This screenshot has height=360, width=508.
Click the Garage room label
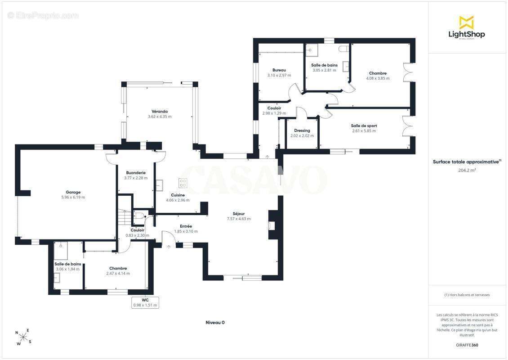(x=73, y=192)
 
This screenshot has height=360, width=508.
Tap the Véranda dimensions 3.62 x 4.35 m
(x=160, y=117)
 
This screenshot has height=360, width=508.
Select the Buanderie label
(x=136, y=173)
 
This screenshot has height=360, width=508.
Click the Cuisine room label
(x=178, y=195)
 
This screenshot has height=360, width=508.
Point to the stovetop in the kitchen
(x=183, y=183)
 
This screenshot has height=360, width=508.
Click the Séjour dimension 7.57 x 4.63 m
(x=239, y=219)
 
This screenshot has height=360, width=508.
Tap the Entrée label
(x=186, y=226)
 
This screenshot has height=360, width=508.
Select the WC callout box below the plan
(x=145, y=302)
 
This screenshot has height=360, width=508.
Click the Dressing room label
(x=302, y=130)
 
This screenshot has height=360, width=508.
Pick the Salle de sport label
(x=364, y=126)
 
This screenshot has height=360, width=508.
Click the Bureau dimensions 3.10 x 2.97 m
(x=279, y=75)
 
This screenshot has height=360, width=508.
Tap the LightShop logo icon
(x=467, y=22)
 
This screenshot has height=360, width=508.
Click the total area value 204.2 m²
(x=467, y=170)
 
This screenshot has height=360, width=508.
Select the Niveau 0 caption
(x=215, y=322)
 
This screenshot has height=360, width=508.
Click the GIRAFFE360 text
(x=467, y=345)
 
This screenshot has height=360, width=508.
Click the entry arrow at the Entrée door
(x=169, y=247)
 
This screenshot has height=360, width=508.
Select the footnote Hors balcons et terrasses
(x=467, y=295)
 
